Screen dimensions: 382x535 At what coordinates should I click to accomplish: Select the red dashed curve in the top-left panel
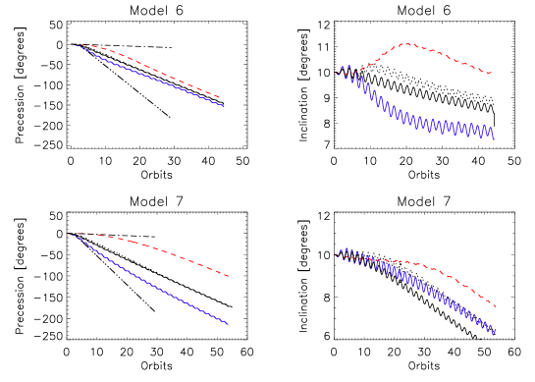147,65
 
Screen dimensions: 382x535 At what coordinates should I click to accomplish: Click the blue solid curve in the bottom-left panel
147,285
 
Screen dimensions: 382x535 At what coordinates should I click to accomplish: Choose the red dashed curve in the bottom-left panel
147,246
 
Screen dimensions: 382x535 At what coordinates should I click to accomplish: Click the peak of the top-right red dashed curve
404,43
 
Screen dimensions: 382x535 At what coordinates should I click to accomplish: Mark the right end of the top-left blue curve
224,106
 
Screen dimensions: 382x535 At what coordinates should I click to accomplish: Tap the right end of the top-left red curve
223,99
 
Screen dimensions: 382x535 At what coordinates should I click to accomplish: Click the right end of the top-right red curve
492,73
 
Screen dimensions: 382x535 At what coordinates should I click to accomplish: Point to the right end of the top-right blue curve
494,139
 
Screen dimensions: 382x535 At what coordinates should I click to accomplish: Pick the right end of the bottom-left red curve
229,276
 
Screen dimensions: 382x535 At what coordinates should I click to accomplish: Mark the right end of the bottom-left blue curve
229,324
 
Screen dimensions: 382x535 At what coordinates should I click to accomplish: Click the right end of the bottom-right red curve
496,307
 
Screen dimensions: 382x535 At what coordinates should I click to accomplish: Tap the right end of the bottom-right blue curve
496,334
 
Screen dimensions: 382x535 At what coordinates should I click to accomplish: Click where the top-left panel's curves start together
72,43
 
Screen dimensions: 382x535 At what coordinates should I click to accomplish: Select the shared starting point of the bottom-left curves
69,234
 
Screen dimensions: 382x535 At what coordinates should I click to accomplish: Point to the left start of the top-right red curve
335,75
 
